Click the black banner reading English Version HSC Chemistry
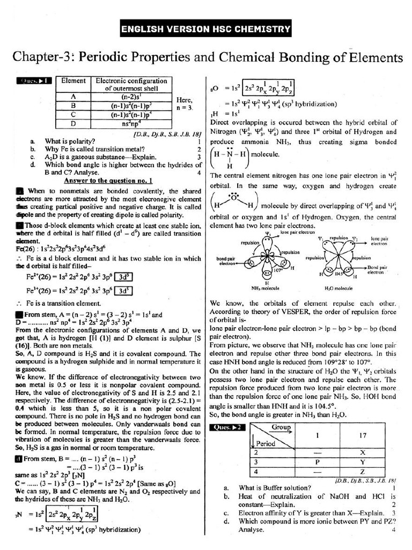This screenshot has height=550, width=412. coord(205,28)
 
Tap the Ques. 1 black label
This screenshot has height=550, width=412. coord(34,81)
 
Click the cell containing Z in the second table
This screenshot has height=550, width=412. coord(363,471)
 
